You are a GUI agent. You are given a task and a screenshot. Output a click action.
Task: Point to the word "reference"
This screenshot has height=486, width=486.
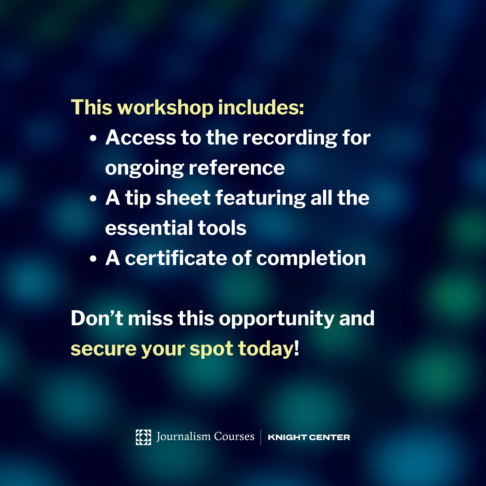(237, 168)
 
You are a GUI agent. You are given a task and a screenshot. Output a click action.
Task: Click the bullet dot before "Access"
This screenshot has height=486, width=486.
(93, 138)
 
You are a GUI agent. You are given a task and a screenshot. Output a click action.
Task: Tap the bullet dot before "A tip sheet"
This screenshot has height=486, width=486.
(93, 199)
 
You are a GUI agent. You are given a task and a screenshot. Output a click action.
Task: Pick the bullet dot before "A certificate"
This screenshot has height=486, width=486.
(93, 259)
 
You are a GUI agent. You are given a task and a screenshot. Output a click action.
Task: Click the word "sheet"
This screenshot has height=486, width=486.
(183, 198)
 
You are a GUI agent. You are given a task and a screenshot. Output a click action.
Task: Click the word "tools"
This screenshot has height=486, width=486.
(222, 228)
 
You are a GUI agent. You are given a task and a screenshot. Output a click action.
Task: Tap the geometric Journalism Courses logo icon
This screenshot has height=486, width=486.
(143, 437)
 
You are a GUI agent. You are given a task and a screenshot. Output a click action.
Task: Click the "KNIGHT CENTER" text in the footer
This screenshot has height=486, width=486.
(309, 437)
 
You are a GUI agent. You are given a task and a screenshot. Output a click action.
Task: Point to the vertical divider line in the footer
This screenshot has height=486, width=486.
(261, 437)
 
